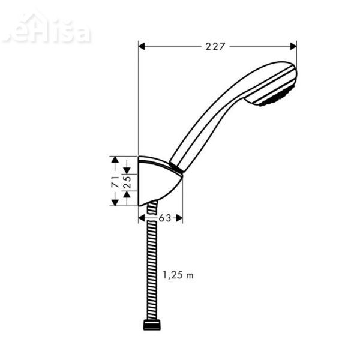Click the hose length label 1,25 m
pyautogui.click(x=178, y=275)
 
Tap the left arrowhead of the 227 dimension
pyautogui.click(x=142, y=46)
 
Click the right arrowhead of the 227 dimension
pyautogui.click(x=293, y=46)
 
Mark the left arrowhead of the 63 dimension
pyautogui.click(x=142, y=218)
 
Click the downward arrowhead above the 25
pyautogui.click(x=127, y=170)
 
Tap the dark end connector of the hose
pyautogui.click(x=152, y=326)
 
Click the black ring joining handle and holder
pyautogui.click(x=176, y=167)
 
